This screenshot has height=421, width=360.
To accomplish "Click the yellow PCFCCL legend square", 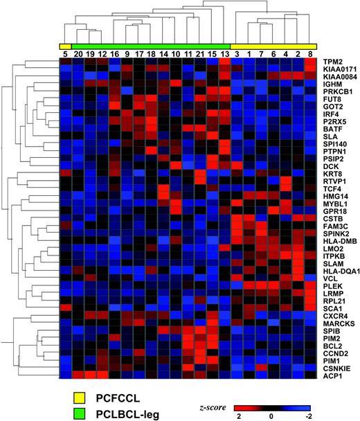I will coord(82,397).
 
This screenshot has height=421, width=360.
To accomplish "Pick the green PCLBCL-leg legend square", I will coord(82,413).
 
